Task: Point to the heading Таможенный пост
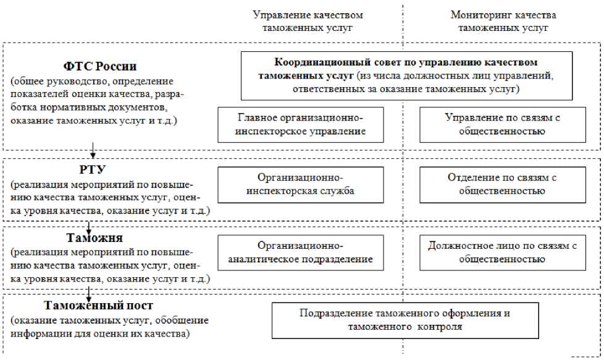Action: (x=99, y=306)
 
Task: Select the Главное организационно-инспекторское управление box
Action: (x=301, y=125)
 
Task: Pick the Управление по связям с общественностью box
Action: (x=502, y=125)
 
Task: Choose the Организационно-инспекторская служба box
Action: (x=301, y=185)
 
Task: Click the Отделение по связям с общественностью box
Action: (x=502, y=185)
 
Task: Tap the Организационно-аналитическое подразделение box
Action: (x=301, y=253)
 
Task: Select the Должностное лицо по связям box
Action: (x=502, y=253)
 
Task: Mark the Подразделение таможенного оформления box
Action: (x=405, y=320)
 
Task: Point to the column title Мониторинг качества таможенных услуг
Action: (x=503, y=22)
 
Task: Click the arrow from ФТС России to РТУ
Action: (x=92, y=151)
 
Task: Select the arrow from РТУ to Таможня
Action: (x=90, y=224)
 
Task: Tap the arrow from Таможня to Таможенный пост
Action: (x=90, y=293)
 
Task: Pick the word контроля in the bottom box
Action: (x=441, y=327)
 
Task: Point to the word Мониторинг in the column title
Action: (x=476, y=15)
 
